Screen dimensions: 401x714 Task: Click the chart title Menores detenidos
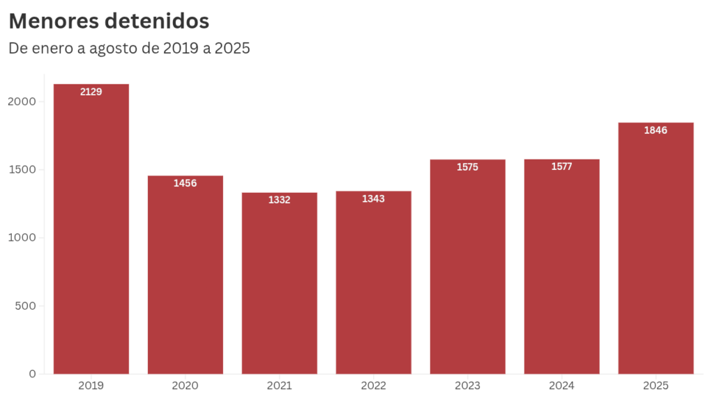point(109,21)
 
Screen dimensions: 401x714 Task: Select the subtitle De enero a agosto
point(129,49)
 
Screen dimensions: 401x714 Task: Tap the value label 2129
point(91,91)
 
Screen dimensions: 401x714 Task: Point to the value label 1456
point(185,183)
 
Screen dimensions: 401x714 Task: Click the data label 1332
point(280,200)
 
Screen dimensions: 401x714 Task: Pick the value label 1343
point(374,198)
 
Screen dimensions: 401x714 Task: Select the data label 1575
point(467,167)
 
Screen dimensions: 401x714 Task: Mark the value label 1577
point(561,166)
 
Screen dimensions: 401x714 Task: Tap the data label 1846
point(655,130)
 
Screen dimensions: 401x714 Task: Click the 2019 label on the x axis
point(91,385)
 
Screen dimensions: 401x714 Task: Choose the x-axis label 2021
point(280,385)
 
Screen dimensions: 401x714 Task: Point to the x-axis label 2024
point(561,385)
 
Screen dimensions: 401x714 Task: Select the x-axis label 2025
point(655,385)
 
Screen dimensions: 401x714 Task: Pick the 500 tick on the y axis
point(26,306)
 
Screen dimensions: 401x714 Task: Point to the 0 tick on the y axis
point(32,374)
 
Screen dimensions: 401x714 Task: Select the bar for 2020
point(185,278)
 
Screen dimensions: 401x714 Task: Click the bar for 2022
point(374,285)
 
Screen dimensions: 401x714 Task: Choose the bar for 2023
point(467,272)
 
